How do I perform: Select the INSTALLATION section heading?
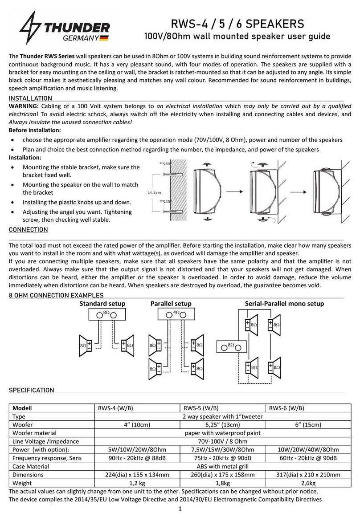30,98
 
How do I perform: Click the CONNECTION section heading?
29,230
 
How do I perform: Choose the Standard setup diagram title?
102,304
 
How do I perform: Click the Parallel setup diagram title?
171,304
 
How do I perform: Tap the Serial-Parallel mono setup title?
285,304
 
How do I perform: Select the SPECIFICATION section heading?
32,391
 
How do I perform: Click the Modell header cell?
24,408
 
